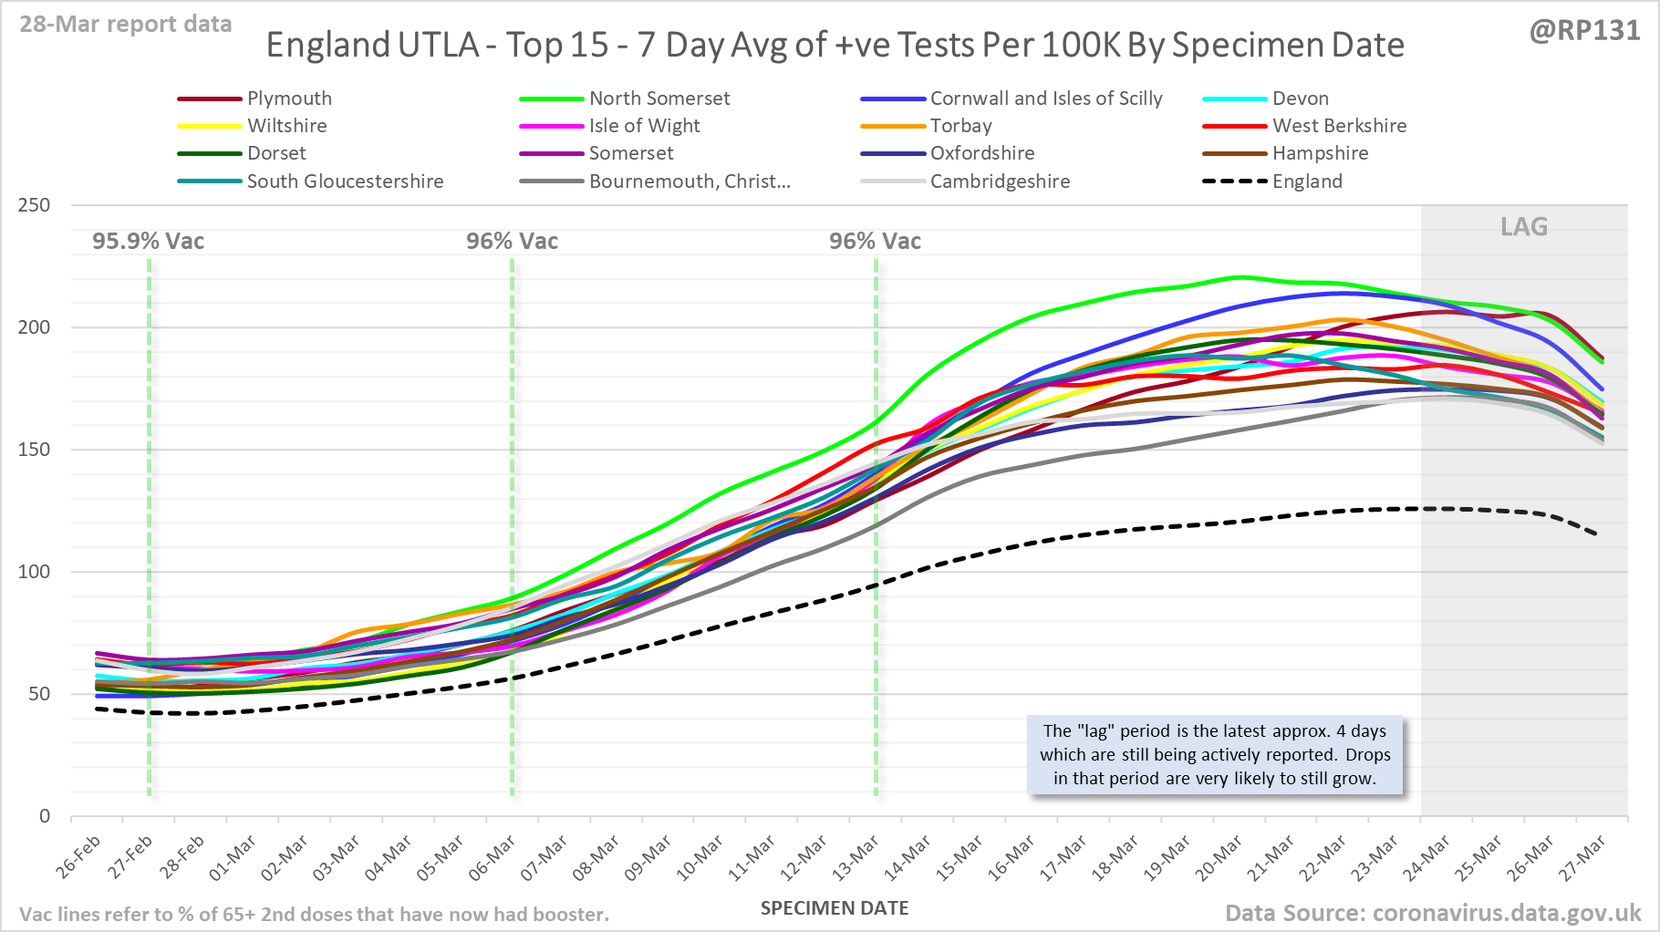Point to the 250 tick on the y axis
tap(34, 205)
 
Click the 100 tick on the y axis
tap(34, 572)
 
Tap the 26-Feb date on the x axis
tap(78, 857)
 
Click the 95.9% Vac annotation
tap(148, 242)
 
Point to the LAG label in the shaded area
tap(1524, 227)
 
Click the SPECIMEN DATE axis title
tap(835, 908)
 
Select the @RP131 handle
tap(1584, 31)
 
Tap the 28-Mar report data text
tap(126, 25)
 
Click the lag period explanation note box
tap(1215, 755)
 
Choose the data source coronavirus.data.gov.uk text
tap(1433, 913)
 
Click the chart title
tap(835, 46)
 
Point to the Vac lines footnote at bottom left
tap(314, 915)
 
